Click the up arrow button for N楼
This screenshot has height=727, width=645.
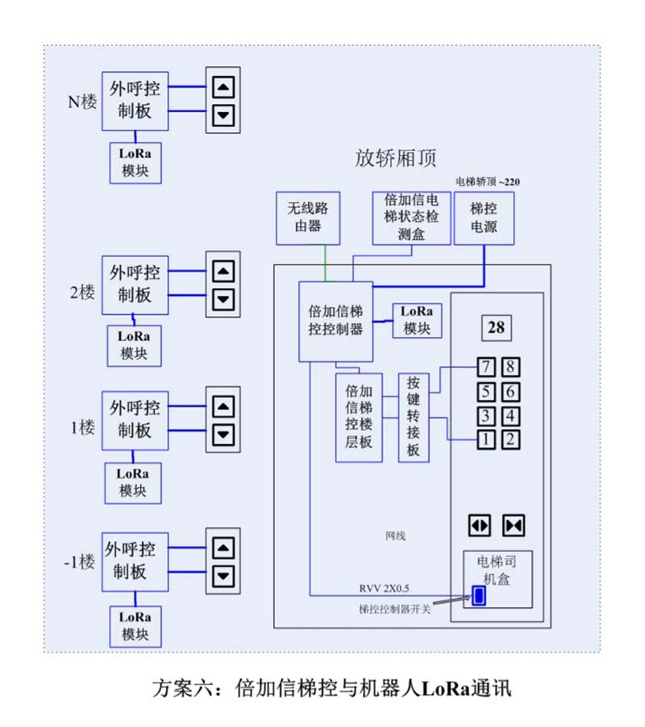(x=225, y=86)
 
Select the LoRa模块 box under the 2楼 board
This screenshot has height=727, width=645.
(x=134, y=344)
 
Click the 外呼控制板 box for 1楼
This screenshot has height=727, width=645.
(x=134, y=419)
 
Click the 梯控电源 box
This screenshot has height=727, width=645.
(x=485, y=217)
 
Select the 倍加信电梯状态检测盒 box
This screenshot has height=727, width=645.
(x=411, y=217)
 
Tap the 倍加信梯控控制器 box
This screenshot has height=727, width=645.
(x=335, y=321)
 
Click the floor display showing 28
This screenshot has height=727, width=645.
(x=497, y=327)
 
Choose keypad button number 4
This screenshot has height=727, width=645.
(x=510, y=416)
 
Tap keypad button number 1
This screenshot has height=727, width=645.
(x=486, y=439)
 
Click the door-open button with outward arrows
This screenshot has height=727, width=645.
(x=480, y=525)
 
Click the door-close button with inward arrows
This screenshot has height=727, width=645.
(x=514, y=525)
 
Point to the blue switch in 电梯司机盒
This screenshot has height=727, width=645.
(x=479, y=596)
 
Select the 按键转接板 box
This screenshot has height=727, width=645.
(x=413, y=417)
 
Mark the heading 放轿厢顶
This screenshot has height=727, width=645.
(x=396, y=158)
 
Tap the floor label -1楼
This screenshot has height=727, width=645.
(x=80, y=561)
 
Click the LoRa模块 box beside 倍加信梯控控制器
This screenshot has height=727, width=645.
(x=417, y=320)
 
